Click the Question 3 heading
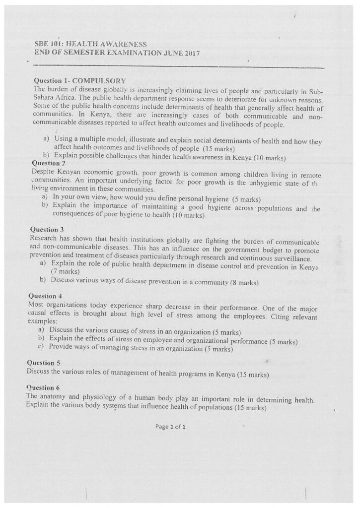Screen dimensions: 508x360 click(47, 230)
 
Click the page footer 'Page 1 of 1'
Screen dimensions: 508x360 click(170, 426)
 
